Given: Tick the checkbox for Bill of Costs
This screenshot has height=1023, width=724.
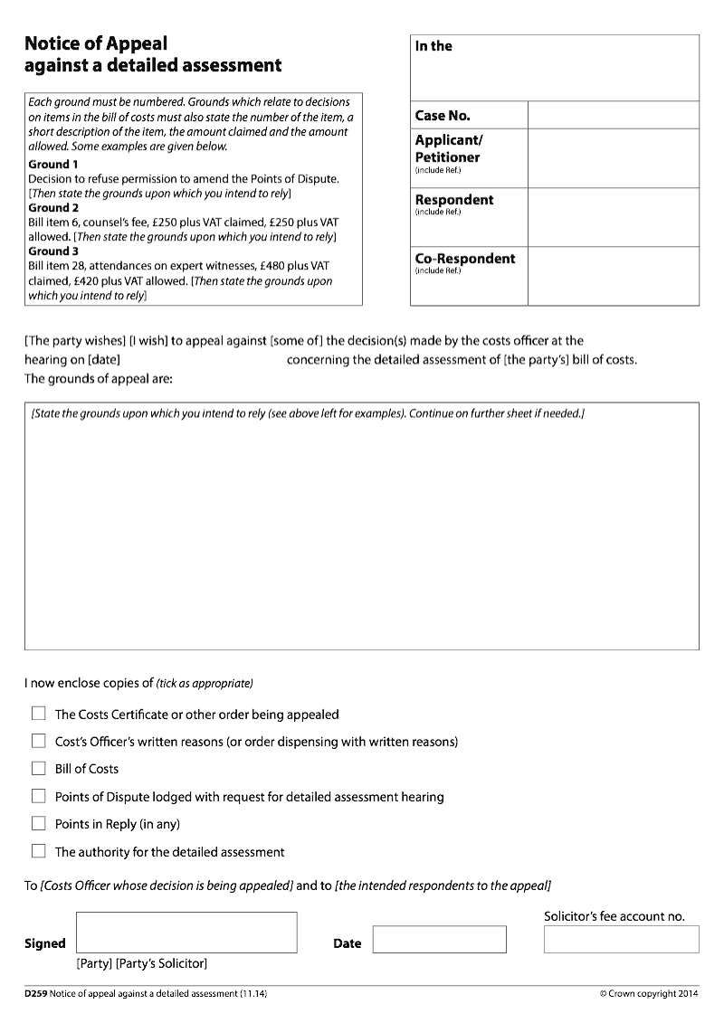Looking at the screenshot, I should [x=38, y=769].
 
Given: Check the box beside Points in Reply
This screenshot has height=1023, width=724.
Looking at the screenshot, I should [x=38, y=824].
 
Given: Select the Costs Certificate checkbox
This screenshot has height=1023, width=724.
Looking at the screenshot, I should [x=38, y=714].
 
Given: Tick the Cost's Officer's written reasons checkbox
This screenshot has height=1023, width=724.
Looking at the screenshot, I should [x=38, y=742].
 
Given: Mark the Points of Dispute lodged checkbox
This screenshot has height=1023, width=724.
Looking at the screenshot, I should [x=38, y=797].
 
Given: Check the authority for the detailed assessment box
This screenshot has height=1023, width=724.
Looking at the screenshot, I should [x=38, y=852].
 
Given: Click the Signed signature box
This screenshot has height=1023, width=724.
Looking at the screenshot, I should [x=186, y=932].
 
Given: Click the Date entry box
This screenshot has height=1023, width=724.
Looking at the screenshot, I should [x=439, y=940].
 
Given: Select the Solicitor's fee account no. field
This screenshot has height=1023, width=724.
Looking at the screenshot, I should [x=621, y=939].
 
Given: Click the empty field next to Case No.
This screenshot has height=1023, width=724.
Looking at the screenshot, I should [x=613, y=115].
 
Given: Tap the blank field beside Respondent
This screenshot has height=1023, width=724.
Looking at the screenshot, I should [x=613, y=217].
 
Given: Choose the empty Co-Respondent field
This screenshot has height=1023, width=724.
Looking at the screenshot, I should [x=613, y=276].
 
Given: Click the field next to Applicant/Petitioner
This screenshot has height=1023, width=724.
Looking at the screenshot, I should [x=613, y=158].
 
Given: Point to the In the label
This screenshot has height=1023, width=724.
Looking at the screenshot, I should [x=433, y=46].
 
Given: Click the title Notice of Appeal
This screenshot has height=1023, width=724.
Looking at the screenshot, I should [x=96, y=43].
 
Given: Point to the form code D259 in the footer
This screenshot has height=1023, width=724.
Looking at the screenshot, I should [x=36, y=994].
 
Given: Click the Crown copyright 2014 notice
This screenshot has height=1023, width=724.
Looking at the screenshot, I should [x=649, y=994].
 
